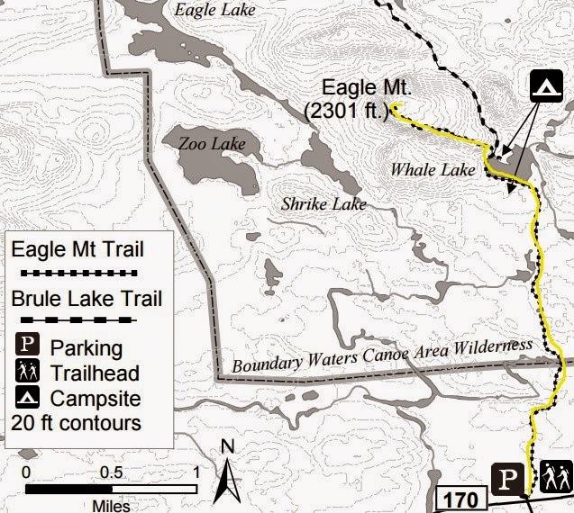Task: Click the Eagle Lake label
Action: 215,11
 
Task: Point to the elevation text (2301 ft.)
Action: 347,111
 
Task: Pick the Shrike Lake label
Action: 323,204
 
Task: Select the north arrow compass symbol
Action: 231,469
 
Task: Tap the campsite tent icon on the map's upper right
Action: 543,85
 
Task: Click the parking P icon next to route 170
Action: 507,477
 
